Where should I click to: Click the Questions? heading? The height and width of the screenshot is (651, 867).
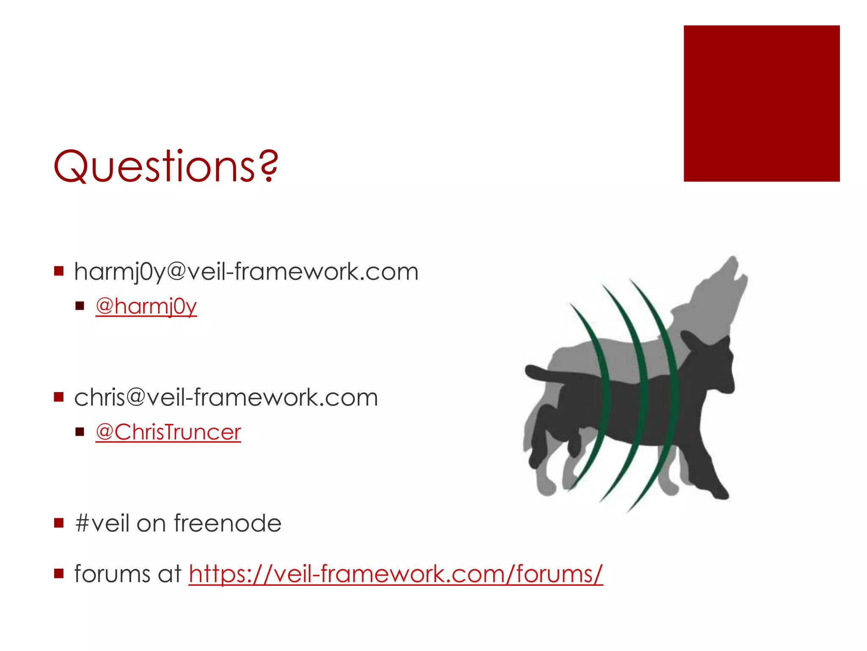pos(165,166)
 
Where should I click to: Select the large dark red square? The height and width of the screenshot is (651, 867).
pos(761,103)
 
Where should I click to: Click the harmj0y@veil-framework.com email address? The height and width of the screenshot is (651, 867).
pos(246,272)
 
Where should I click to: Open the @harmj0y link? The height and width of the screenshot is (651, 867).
pos(146,306)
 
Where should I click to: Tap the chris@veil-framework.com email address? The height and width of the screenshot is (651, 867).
pos(226,398)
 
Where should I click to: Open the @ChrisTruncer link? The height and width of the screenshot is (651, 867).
pos(168,432)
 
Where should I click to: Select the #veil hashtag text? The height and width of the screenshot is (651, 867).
pos(102,523)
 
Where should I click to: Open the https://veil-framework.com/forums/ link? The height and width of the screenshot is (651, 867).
pos(395,574)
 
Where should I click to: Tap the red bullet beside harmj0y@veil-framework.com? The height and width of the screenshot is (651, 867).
pos(59,271)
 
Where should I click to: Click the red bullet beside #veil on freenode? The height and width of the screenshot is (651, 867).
pos(59,523)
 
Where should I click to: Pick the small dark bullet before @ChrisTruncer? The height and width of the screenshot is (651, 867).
pos(80,432)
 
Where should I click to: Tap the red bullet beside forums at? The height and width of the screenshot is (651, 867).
pos(59,574)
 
